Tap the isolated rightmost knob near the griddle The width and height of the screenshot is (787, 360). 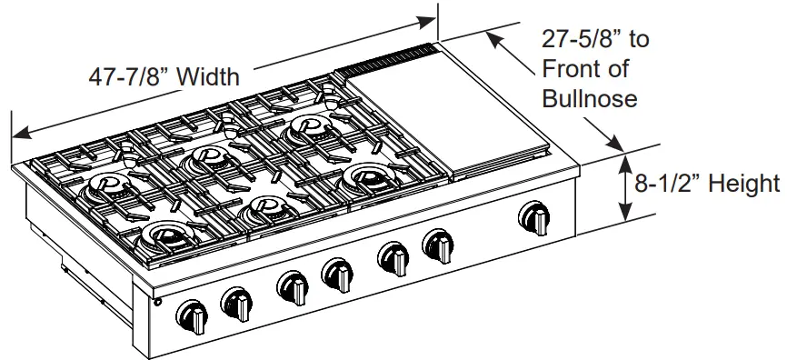coord(535,218)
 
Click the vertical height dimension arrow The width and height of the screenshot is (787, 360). coord(625,186)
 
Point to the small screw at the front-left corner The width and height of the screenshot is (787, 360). coord(156,302)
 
